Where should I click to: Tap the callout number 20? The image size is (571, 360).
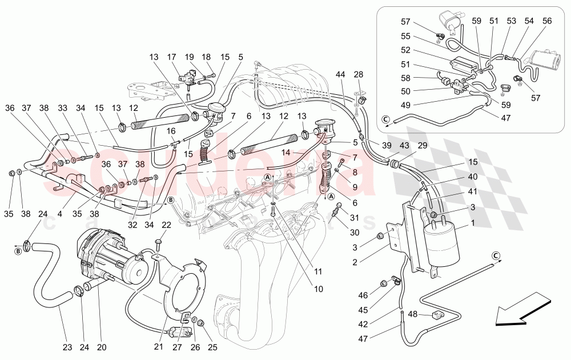[x=102, y=346]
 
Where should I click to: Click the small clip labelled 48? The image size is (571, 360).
[x=437, y=315]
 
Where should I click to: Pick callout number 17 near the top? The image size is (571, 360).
[x=171, y=57]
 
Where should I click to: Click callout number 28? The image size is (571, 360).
[x=358, y=75]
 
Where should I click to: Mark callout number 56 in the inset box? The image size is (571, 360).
[x=547, y=21]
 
